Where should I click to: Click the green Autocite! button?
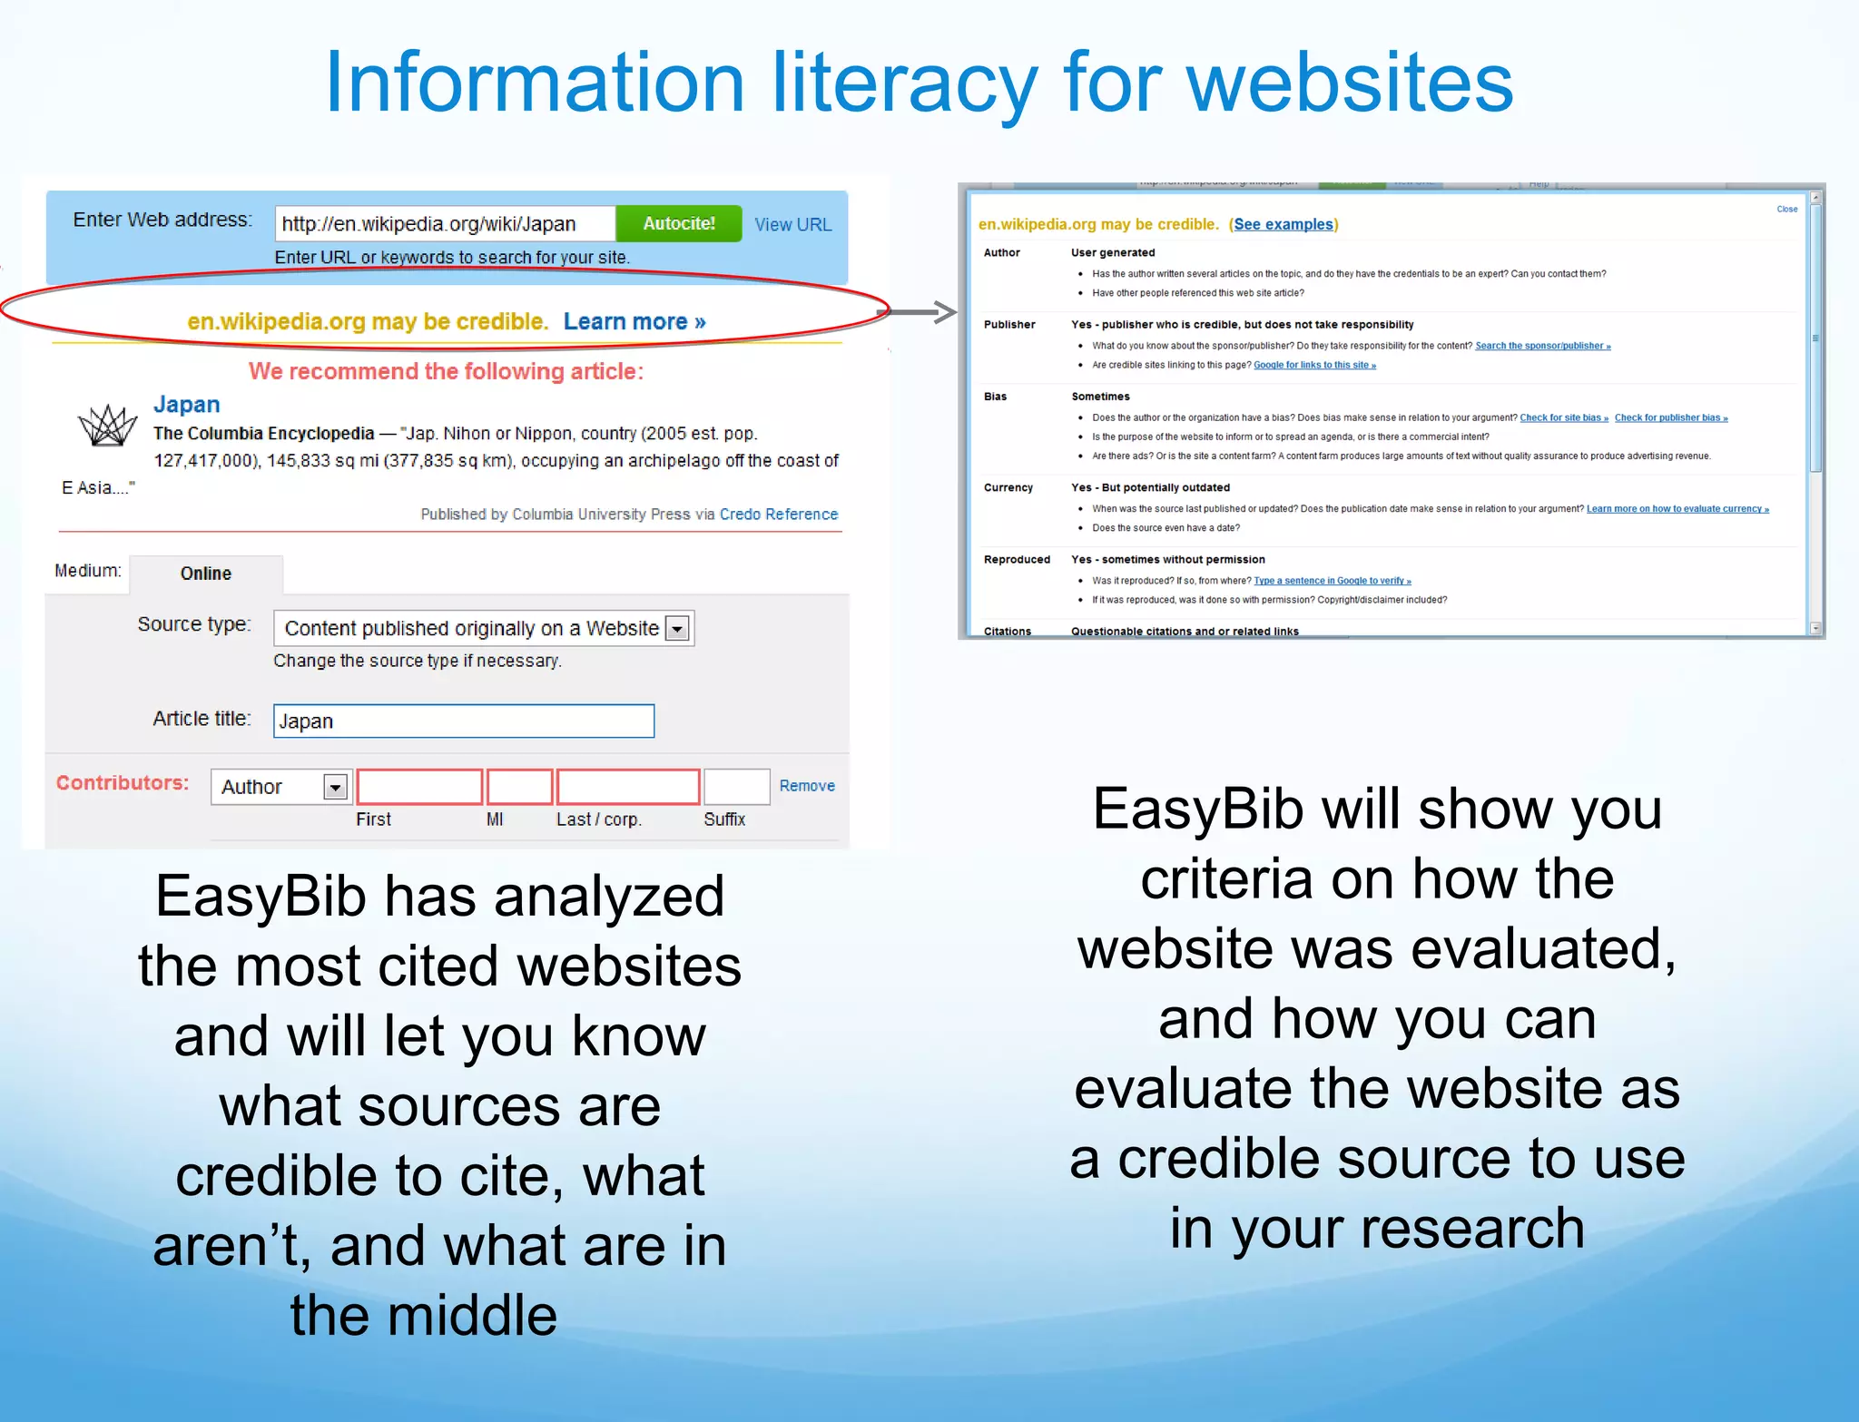[678, 223]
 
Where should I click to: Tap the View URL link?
[792, 224]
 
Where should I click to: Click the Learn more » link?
[634, 321]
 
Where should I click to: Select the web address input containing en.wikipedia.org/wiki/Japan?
[445, 223]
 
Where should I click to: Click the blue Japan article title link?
[186, 404]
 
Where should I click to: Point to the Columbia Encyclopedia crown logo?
[107, 425]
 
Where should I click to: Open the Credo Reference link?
[778, 514]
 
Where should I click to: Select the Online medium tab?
[206, 574]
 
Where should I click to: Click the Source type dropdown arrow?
[677, 628]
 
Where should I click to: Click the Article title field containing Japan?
[463, 721]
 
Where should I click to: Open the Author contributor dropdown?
[335, 787]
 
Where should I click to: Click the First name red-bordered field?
[418, 787]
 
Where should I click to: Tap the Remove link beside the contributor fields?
[806, 786]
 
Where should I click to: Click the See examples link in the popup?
[1283, 224]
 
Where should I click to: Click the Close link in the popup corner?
[1786, 209]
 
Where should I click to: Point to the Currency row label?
[1008, 487]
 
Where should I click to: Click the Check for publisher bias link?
[1670, 417]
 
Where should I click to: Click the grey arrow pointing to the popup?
[921, 312]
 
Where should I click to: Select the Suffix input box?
[736, 787]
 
